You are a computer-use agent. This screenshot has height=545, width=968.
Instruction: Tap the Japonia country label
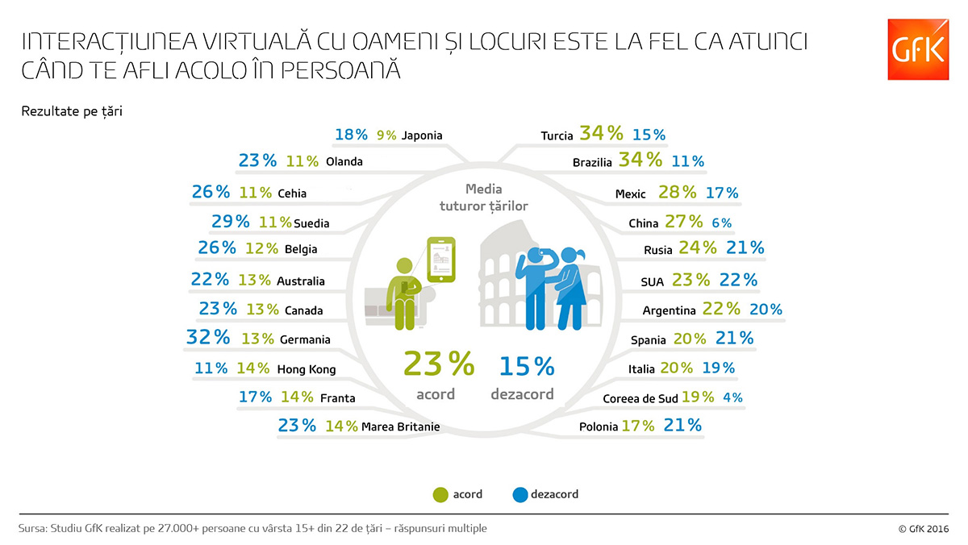coord(422,135)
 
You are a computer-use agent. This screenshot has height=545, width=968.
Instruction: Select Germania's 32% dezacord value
coord(208,338)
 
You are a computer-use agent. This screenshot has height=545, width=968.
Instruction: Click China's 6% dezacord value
coord(721,223)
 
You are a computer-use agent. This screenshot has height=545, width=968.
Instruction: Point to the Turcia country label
coord(557,135)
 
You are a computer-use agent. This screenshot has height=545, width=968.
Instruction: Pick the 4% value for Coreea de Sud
coord(732,397)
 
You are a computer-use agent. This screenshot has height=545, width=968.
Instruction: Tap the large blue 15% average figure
coord(527,367)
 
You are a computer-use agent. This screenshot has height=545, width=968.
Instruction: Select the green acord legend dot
coord(440,494)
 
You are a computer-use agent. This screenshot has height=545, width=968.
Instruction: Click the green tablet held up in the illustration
coord(440,260)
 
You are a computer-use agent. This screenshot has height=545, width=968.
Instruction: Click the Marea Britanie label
coord(401,426)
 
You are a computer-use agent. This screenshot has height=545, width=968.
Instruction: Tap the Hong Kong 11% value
coord(211,368)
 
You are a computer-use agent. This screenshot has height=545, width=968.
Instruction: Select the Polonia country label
coord(598,426)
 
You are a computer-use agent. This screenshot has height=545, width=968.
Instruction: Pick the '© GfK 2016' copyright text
coord(923,529)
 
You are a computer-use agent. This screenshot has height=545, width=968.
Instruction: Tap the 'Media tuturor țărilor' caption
coord(483,198)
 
